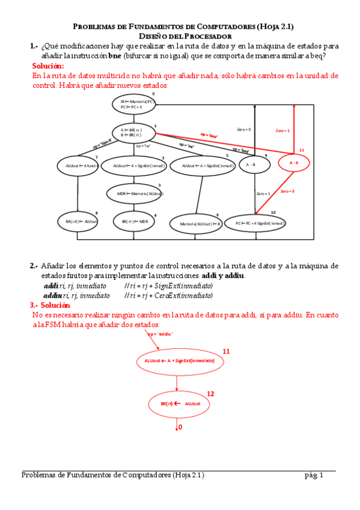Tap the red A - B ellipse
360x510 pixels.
point(293,163)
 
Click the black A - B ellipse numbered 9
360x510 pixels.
point(251,164)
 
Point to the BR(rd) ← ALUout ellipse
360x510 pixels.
point(78,221)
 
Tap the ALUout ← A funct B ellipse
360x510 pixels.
point(78,165)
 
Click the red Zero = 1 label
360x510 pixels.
point(282,130)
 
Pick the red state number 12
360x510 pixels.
point(210,393)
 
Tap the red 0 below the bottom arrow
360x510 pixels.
point(179,426)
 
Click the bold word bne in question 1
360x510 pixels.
point(114,55)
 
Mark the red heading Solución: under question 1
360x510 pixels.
point(47,66)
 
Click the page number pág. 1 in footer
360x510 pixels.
point(314,475)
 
